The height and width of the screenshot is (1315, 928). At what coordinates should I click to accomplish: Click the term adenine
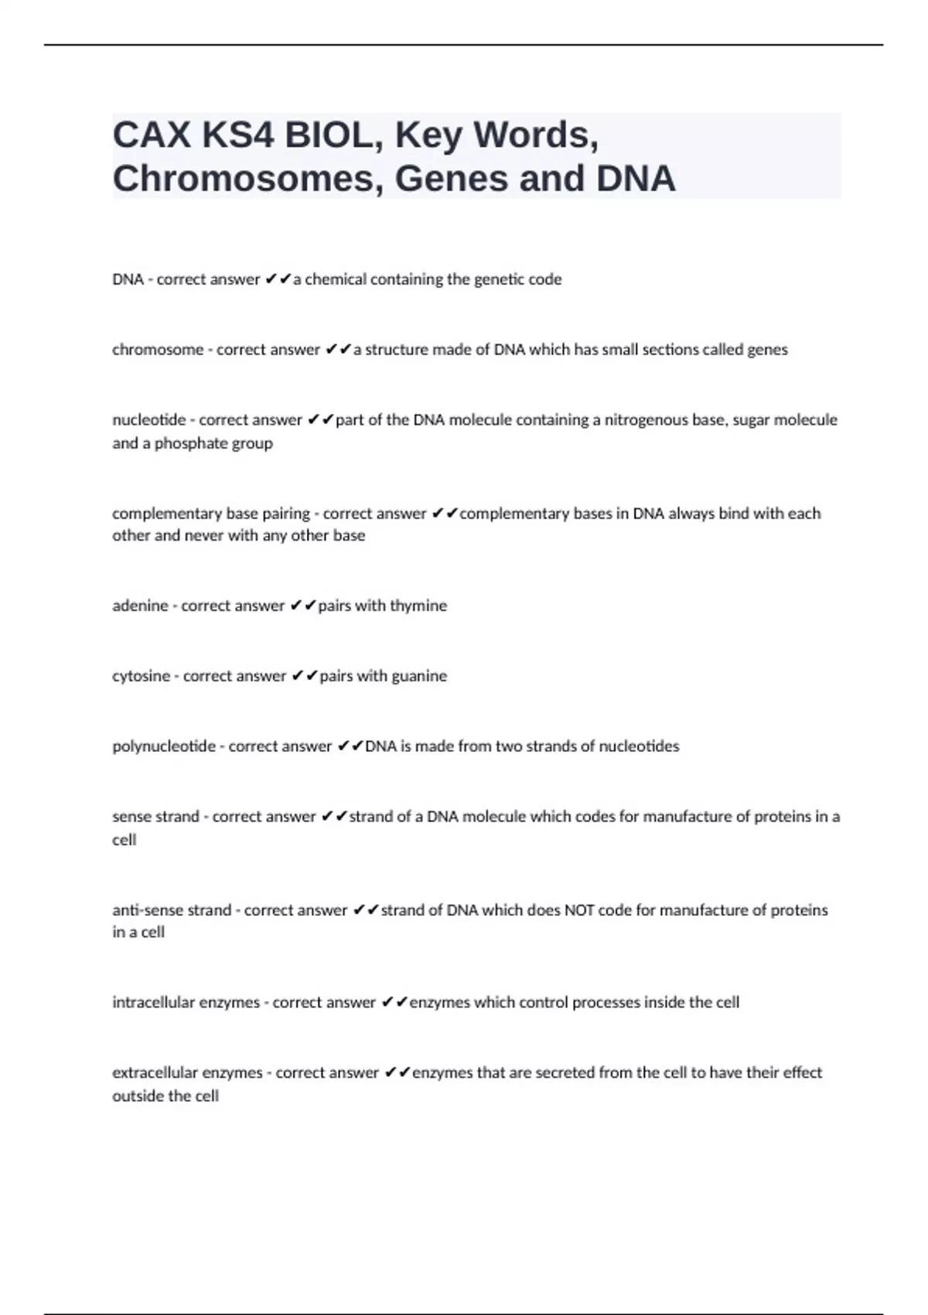point(140,606)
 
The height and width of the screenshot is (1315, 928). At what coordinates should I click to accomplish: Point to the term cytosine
point(141,676)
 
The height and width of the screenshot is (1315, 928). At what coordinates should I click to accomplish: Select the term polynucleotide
point(164,746)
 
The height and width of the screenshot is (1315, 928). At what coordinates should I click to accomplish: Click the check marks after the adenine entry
point(303,606)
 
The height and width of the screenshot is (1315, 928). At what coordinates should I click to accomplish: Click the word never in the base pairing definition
point(203,535)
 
